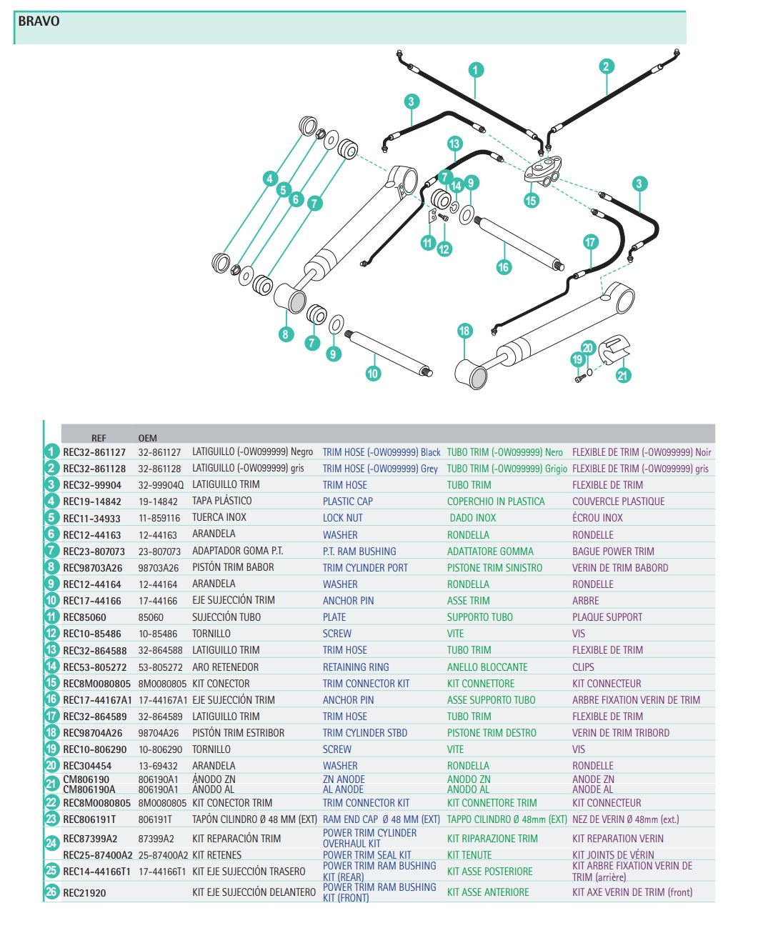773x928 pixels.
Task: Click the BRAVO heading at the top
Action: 39,21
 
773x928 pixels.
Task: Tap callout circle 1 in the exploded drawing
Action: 476,70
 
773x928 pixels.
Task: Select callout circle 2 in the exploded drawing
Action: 606,67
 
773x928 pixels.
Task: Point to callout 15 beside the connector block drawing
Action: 531,201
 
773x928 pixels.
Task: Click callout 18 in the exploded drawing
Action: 464,331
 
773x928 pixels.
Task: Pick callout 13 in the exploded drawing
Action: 454,144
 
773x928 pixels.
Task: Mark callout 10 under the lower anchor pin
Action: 373,374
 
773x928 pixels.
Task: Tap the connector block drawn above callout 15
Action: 543,171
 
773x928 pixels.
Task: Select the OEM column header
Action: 147,438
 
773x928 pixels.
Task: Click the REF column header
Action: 99,438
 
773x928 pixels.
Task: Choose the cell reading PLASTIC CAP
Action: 347,502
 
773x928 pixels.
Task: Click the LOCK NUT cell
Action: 342,518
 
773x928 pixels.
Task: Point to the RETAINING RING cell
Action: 356,667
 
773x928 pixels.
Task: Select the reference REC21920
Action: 84,893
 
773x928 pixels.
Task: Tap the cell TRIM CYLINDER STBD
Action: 364,733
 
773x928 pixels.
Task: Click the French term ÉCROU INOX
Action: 597,518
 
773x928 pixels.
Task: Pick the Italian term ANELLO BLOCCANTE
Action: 487,667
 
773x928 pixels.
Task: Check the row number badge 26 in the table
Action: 51,892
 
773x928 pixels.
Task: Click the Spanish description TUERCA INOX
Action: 219,517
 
